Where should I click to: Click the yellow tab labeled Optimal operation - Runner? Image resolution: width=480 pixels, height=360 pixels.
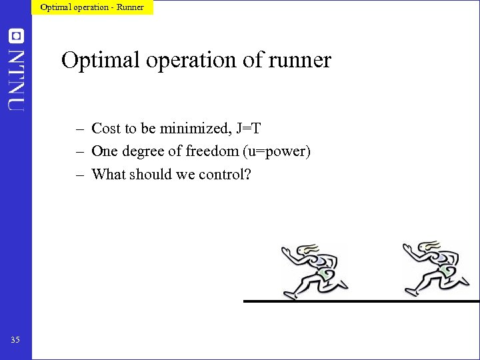click(92, 7)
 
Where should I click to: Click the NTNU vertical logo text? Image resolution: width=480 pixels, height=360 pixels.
click(16, 79)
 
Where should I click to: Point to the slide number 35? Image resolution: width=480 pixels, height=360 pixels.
click(15, 340)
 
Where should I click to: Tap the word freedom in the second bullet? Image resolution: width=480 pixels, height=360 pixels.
click(211, 151)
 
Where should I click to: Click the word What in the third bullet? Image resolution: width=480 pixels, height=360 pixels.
click(107, 175)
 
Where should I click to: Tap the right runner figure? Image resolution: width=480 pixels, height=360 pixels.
click(433, 269)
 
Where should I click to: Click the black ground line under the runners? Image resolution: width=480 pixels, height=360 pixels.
click(360, 301)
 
